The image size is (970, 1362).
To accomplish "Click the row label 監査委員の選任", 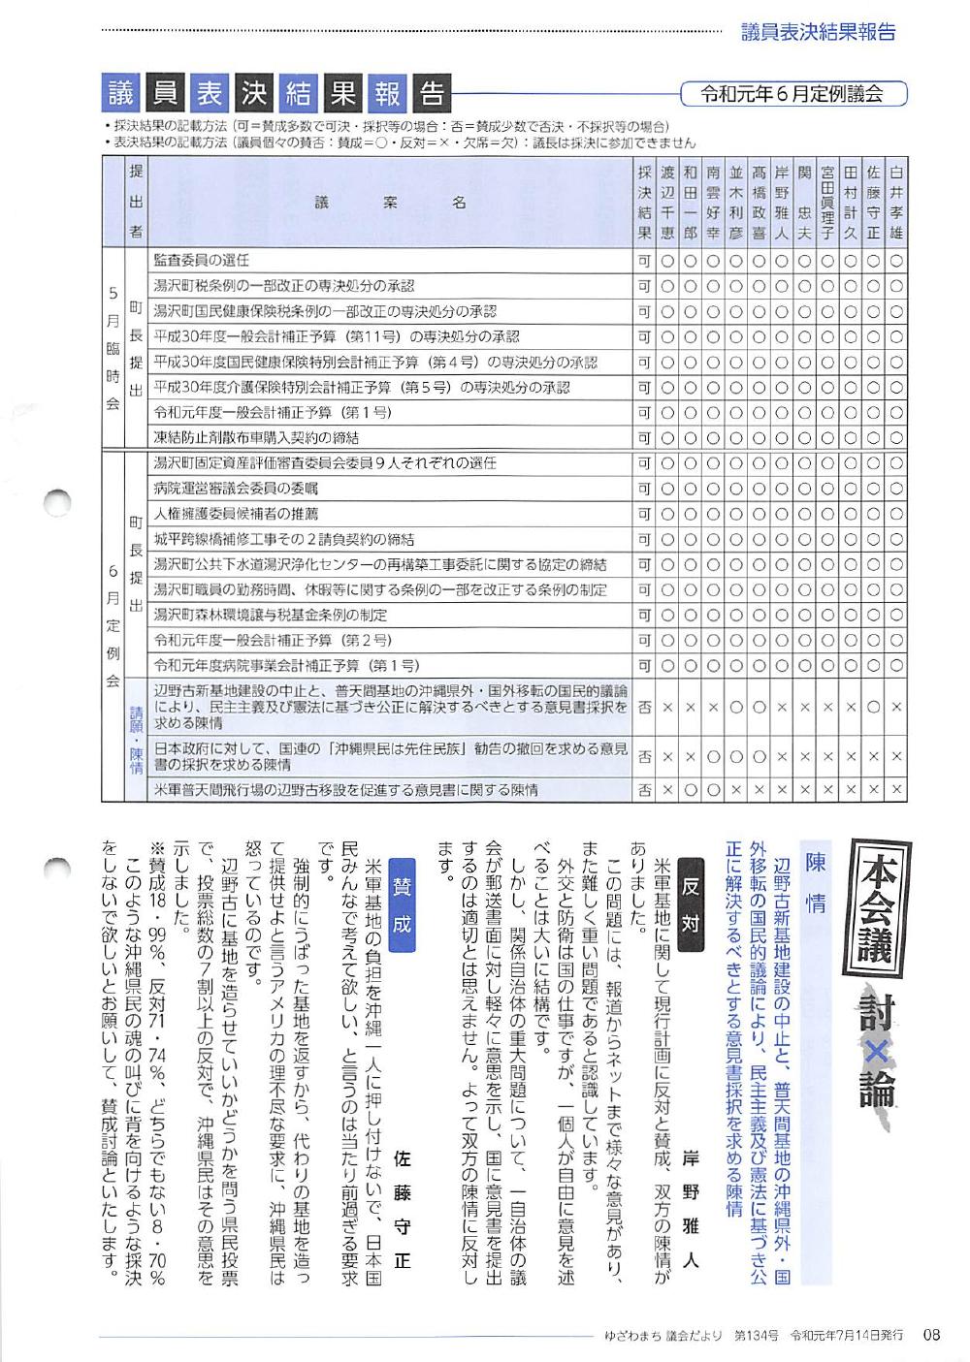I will (202, 260).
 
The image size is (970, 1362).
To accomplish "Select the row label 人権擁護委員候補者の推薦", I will (236, 514).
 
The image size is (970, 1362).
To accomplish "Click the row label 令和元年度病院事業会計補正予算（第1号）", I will (286, 665).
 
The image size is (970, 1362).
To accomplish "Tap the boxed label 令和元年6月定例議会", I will (792, 94).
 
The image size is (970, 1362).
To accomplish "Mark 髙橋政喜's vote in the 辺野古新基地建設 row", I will (759, 708).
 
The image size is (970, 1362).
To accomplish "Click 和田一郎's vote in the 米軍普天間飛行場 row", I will (691, 790).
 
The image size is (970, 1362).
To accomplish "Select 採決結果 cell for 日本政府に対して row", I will (644, 757).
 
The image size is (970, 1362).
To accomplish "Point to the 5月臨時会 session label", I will (113, 349).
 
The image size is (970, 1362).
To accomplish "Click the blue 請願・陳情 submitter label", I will (136, 741).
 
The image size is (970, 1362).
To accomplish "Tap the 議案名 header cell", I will (389, 202).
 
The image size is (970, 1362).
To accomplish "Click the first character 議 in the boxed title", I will (121, 94).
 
